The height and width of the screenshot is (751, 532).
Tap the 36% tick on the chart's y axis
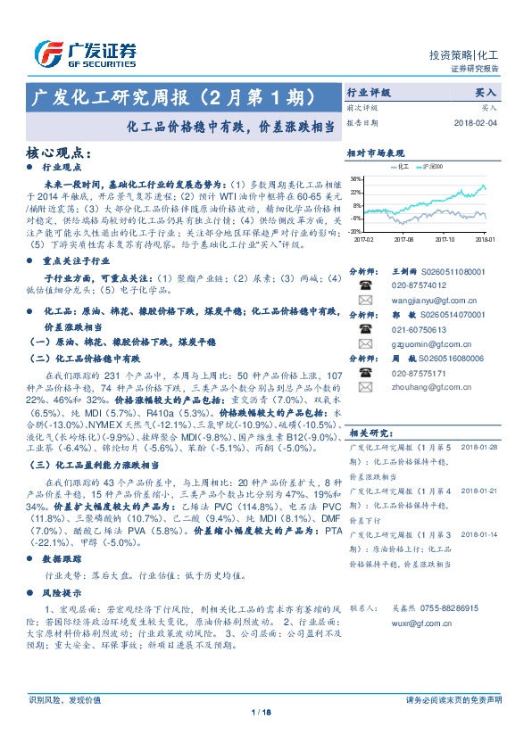click(357, 178)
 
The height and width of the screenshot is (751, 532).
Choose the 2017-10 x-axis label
click(445, 239)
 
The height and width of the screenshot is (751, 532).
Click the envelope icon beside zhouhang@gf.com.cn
click(365, 388)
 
